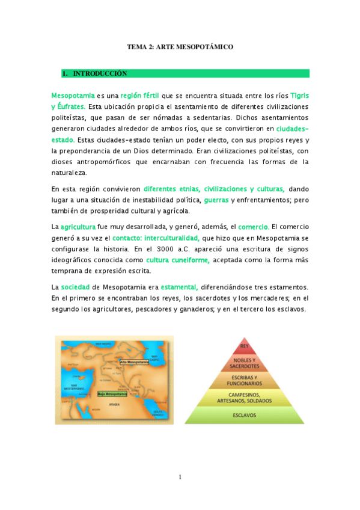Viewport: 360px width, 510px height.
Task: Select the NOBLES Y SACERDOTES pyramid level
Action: [245, 363]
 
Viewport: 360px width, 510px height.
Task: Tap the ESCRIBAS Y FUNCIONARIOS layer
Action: [245, 381]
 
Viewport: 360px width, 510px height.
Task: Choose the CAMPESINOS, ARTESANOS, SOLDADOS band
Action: [245, 398]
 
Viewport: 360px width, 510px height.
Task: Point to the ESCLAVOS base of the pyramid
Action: [245, 415]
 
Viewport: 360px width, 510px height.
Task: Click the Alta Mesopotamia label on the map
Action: [133, 363]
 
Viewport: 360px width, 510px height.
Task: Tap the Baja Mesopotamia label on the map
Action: [112, 394]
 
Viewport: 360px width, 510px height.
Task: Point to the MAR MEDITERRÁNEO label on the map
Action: [75, 387]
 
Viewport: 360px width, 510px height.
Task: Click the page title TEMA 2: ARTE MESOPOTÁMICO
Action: [180, 46]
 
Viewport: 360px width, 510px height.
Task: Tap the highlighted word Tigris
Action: [300, 96]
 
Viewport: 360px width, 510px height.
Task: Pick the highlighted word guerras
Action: [216, 200]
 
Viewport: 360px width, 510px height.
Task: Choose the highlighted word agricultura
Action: [78, 227]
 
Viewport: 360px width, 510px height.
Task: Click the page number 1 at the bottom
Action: [180, 478]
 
